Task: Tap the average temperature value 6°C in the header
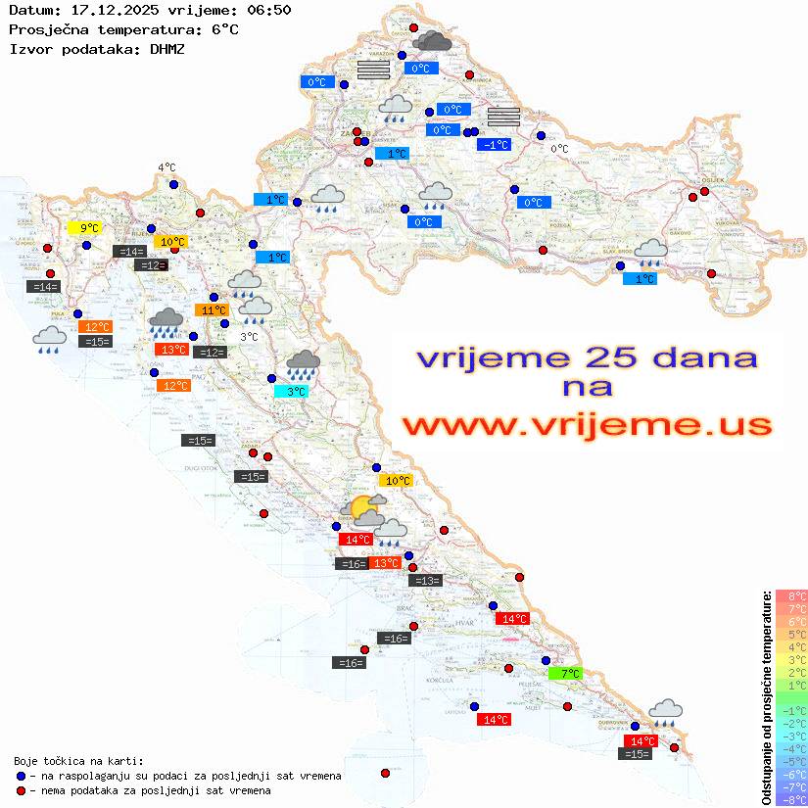tap(224, 28)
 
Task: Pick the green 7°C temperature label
tap(565, 674)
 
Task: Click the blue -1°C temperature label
tap(494, 145)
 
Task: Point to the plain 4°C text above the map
tap(166, 167)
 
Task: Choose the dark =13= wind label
tap(425, 581)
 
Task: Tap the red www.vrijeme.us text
tap(586, 426)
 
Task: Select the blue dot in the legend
tap(21, 776)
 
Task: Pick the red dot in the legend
tap(21, 790)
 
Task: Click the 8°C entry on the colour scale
tap(790, 595)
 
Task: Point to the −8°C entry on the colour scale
tap(790, 799)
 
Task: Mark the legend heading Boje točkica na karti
tap(78, 760)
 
